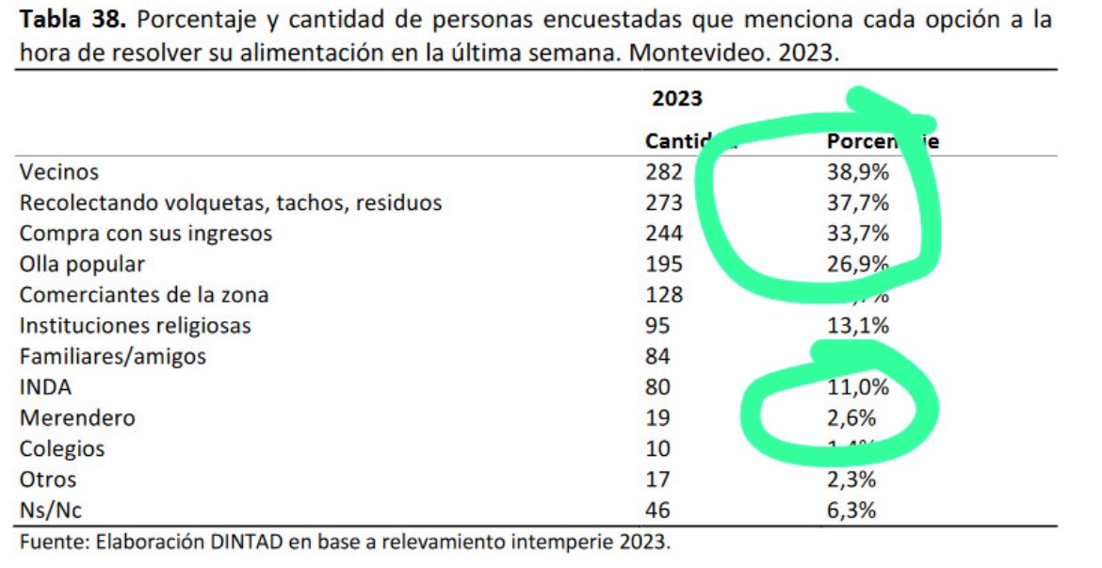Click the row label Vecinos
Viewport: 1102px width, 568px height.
(x=59, y=172)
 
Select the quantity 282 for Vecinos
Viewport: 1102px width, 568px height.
(x=664, y=172)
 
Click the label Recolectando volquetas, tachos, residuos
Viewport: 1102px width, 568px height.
(x=231, y=203)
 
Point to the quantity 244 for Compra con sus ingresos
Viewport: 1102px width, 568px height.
(x=664, y=234)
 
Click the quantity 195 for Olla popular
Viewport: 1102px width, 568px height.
(x=664, y=264)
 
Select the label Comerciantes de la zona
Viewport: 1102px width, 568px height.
(x=144, y=295)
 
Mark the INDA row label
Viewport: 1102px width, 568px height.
(x=45, y=387)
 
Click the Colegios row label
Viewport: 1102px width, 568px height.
(x=62, y=448)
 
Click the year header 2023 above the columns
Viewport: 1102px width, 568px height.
(x=677, y=98)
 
